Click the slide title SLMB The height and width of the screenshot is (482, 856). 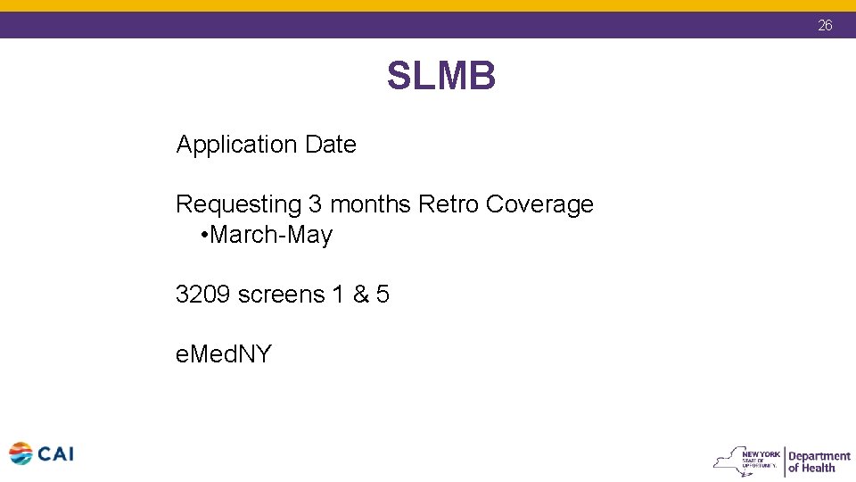pyautogui.click(x=440, y=77)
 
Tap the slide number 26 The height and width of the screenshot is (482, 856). pyautogui.click(x=825, y=26)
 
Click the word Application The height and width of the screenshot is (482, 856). pyautogui.click(x=236, y=145)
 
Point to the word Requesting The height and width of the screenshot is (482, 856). pyautogui.click(x=239, y=204)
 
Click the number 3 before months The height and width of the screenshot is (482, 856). pyautogui.click(x=316, y=204)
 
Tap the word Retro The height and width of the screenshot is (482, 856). pyautogui.click(x=449, y=204)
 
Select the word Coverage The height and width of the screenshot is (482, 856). pyautogui.click(x=539, y=204)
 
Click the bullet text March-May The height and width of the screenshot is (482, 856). pyautogui.click(x=271, y=236)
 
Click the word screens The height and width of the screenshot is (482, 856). pyautogui.click(x=281, y=295)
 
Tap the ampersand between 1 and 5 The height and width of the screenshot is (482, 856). pyautogui.click(x=361, y=295)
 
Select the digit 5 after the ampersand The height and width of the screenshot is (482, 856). pyautogui.click(x=383, y=295)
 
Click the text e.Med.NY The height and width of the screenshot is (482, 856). pyautogui.click(x=223, y=354)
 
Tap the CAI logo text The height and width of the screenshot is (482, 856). pyautogui.click(x=55, y=454)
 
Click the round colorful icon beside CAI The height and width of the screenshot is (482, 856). pyautogui.click(x=21, y=454)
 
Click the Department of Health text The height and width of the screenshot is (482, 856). pyautogui.click(x=819, y=461)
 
